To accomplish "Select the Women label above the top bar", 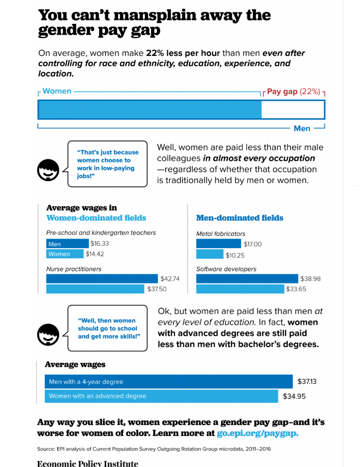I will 57,91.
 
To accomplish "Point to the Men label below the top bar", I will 302,129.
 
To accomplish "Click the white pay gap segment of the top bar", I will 293,109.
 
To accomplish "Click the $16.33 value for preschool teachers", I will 100,244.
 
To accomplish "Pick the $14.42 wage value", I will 95,254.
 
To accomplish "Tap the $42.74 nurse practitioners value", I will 170,279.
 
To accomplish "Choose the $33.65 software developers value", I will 296,289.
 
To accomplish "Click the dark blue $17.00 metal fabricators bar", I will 219,244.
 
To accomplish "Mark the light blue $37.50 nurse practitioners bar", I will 95,289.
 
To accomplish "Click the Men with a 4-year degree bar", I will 168,382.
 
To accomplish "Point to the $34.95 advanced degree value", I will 294,396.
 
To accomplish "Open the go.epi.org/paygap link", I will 257,433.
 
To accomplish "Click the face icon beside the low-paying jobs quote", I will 48,171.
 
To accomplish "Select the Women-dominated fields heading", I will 96,218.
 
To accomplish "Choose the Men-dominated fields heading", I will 240,218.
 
